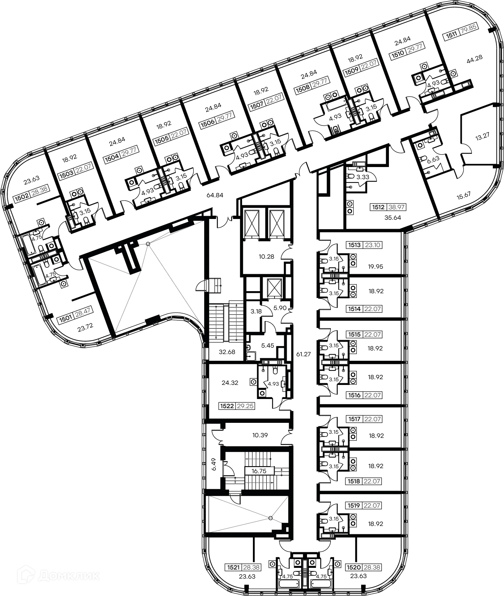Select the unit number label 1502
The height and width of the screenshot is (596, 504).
21,197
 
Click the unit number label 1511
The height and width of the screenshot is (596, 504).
452,35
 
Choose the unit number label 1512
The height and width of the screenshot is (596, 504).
378,207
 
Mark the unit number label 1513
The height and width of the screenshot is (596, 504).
354,245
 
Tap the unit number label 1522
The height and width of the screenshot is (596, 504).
227,406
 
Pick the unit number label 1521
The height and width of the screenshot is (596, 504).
233,567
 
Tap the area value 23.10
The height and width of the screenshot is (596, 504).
373,245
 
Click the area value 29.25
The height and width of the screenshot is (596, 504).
245,406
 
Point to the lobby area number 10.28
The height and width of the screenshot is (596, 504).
266,257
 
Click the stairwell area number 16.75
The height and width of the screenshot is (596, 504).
259,471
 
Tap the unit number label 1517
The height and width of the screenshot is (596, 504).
354,419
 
